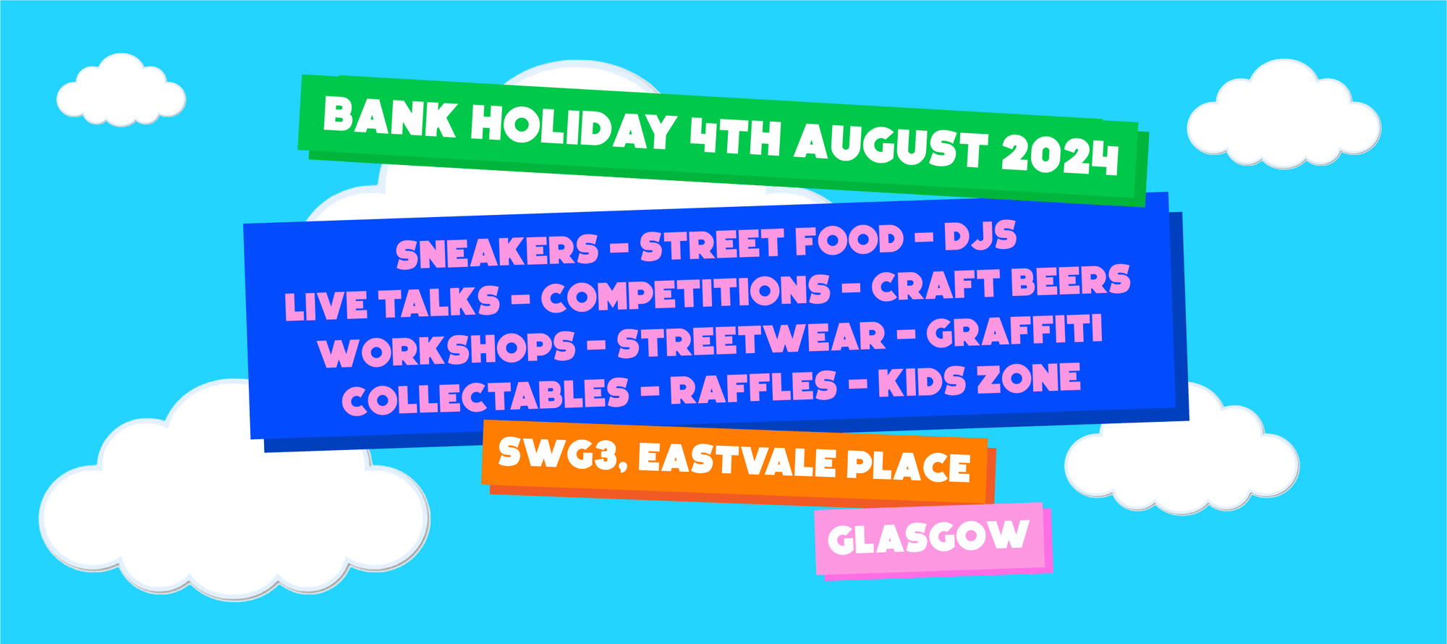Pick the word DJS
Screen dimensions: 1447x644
pyautogui.click(x=980, y=236)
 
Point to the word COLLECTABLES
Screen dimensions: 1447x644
pyautogui.click(x=485, y=396)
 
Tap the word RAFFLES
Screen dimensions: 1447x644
pyautogui.click(x=753, y=387)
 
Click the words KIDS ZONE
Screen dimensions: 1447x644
pyautogui.click(x=980, y=380)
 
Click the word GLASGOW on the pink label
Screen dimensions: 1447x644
pyautogui.click(x=928, y=538)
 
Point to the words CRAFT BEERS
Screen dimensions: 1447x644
pyautogui.click(x=1001, y=282)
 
